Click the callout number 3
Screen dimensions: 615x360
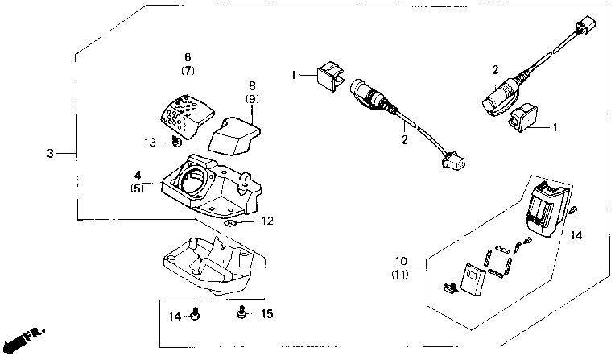point(50,153)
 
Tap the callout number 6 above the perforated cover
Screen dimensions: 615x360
point(188,57)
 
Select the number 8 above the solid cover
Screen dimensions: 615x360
point(252,85)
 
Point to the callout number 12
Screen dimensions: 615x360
point(267,221)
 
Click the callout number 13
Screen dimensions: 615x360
point(151,142)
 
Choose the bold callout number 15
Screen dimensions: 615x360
point(267,313)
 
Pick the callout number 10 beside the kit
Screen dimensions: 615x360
point(401,261)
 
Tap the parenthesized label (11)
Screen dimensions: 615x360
point(400,274)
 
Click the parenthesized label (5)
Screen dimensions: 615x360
point(138,188)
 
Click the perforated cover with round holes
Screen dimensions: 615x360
point(187,116)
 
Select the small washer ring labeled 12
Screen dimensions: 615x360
point(229,223)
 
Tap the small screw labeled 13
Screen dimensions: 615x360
point(176,141)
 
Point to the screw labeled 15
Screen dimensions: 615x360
point(242,312)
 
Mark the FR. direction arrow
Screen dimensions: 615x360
point(23,340)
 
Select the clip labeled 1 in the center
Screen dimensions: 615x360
point(329,77)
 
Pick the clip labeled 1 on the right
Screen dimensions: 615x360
point(524,118)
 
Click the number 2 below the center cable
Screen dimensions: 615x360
point(404,139)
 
